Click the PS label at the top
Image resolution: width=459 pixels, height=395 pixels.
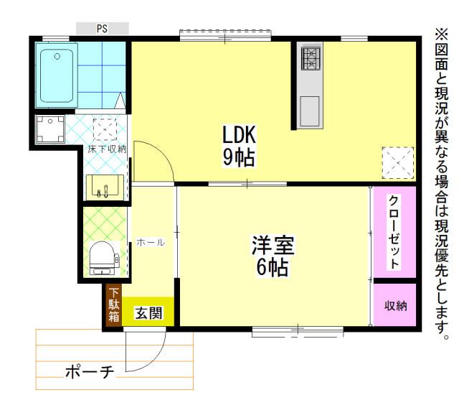coord(103,29)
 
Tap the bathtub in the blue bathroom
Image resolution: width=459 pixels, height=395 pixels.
coord(58,76)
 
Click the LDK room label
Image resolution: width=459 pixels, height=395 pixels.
coord(239,135)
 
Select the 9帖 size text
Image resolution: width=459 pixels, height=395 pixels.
coord(239,158)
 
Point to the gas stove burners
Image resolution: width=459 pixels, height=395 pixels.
coord(312,57)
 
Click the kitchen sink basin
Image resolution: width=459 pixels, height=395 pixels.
coord(311,110)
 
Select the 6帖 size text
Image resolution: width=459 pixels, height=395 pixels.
coord(273,269)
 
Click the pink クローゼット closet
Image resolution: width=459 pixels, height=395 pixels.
coord(394,231)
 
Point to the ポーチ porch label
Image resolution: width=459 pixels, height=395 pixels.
coord(90,372)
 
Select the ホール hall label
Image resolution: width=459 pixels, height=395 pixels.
coord(151,243)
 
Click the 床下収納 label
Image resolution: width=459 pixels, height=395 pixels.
coord(107,149)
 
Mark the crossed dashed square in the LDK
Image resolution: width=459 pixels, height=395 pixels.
coord(397,161)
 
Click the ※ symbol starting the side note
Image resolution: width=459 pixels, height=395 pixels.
coord(440,33)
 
